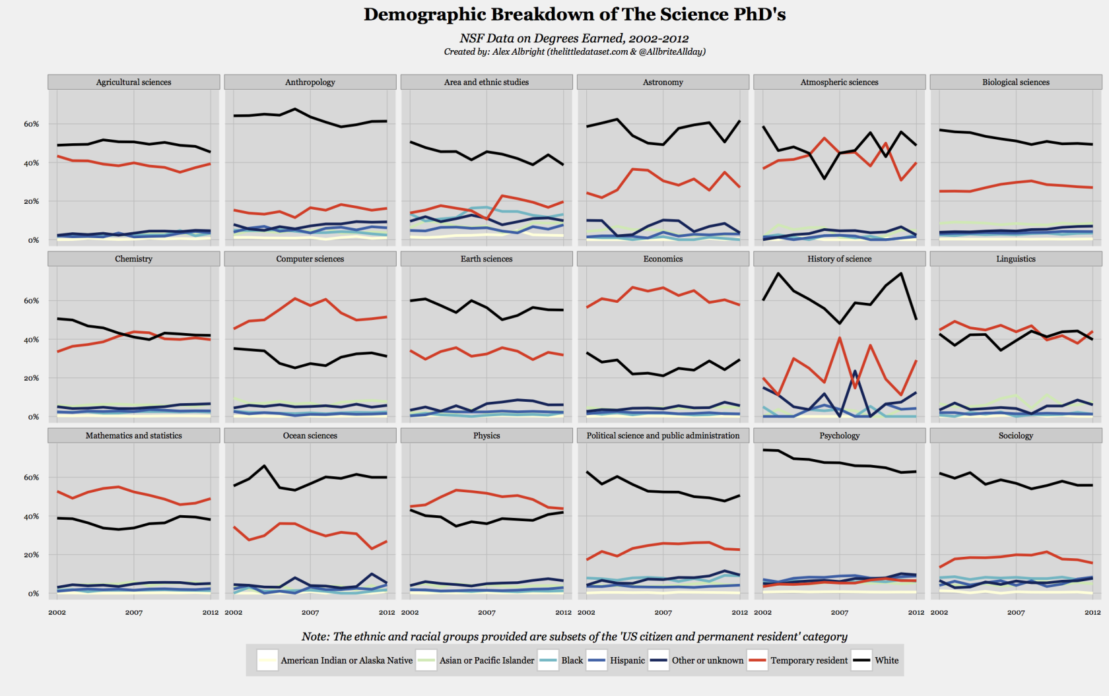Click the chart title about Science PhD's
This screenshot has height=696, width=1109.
pyautogui.click(x=574, y=15)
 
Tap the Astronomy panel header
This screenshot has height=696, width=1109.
pyautogui.click(x=663, y=82)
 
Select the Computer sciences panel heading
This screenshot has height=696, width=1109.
pyautogui.click(x=310, y=259)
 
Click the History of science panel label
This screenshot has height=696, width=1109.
pyautogui.click(x=839, y=259)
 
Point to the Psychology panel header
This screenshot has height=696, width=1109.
pyautogui.click(x=839, y=435)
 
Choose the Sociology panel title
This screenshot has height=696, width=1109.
pyautogui.click(x=1015, y=435)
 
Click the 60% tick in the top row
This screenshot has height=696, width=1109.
pyautogui.click(x=32, y=124)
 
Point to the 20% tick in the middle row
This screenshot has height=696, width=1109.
pyautogui.click(x=32, y=378)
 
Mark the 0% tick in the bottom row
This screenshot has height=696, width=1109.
pyautogui.click(x=33, y=594)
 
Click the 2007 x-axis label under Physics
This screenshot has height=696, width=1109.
pyautogui.click(x=487, y=612)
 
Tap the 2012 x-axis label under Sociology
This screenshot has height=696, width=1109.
pyautogui.click(x=1092, y=612)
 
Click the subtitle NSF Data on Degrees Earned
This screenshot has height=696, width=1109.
pyautogui.click(x=574, y=38)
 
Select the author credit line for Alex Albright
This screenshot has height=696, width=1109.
pyautogui.click(x=574, y=51)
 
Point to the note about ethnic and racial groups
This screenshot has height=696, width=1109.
pyautogui.click(x=574, y=637)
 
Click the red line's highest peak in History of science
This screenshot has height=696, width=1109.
pyautogui.click(x=840, y=338)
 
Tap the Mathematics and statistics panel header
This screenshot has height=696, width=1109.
pyautogui.click(x=133, y=435)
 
